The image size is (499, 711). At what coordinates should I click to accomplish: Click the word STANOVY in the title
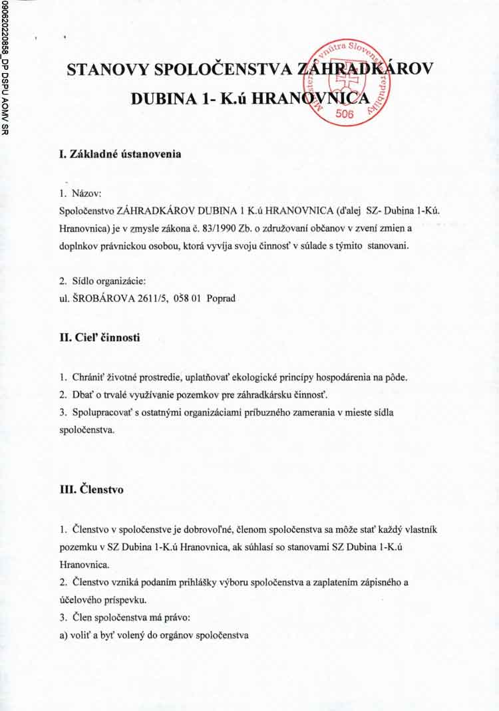tap(107, 70)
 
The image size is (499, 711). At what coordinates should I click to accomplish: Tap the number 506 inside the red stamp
tap(345, 114)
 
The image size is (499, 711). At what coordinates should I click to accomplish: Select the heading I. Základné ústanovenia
tap(120, 154)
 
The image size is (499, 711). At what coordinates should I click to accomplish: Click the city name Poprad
tap(222, 299)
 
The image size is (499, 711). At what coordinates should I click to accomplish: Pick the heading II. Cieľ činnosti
tap(100, 338)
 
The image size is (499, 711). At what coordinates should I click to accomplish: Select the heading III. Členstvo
tap(91, 490)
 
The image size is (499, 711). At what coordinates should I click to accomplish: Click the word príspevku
tap(124, 599)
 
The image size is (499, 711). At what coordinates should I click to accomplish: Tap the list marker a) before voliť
tap(65, 635)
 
